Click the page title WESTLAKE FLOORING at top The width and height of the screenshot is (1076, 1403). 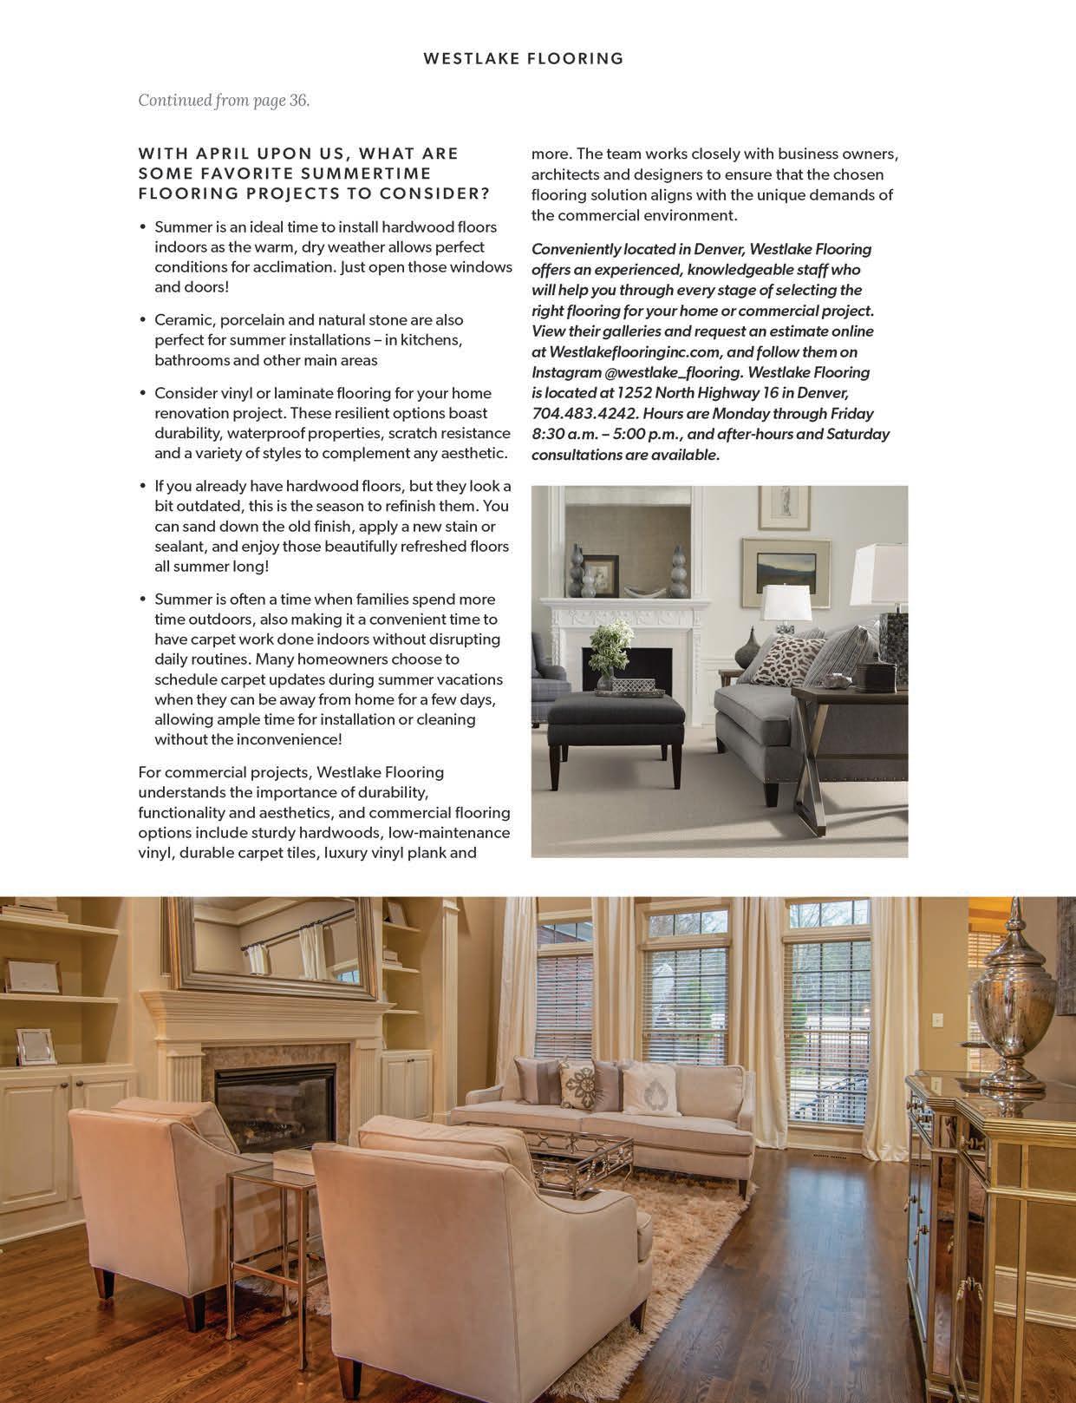524,59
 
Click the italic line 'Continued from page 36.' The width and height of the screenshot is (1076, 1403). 224,101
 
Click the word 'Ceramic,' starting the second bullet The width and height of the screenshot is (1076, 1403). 185,320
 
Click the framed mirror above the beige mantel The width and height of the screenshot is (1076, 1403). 282,947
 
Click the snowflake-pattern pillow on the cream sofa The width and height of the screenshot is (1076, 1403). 577,1085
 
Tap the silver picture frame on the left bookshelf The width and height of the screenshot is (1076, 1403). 36,1046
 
